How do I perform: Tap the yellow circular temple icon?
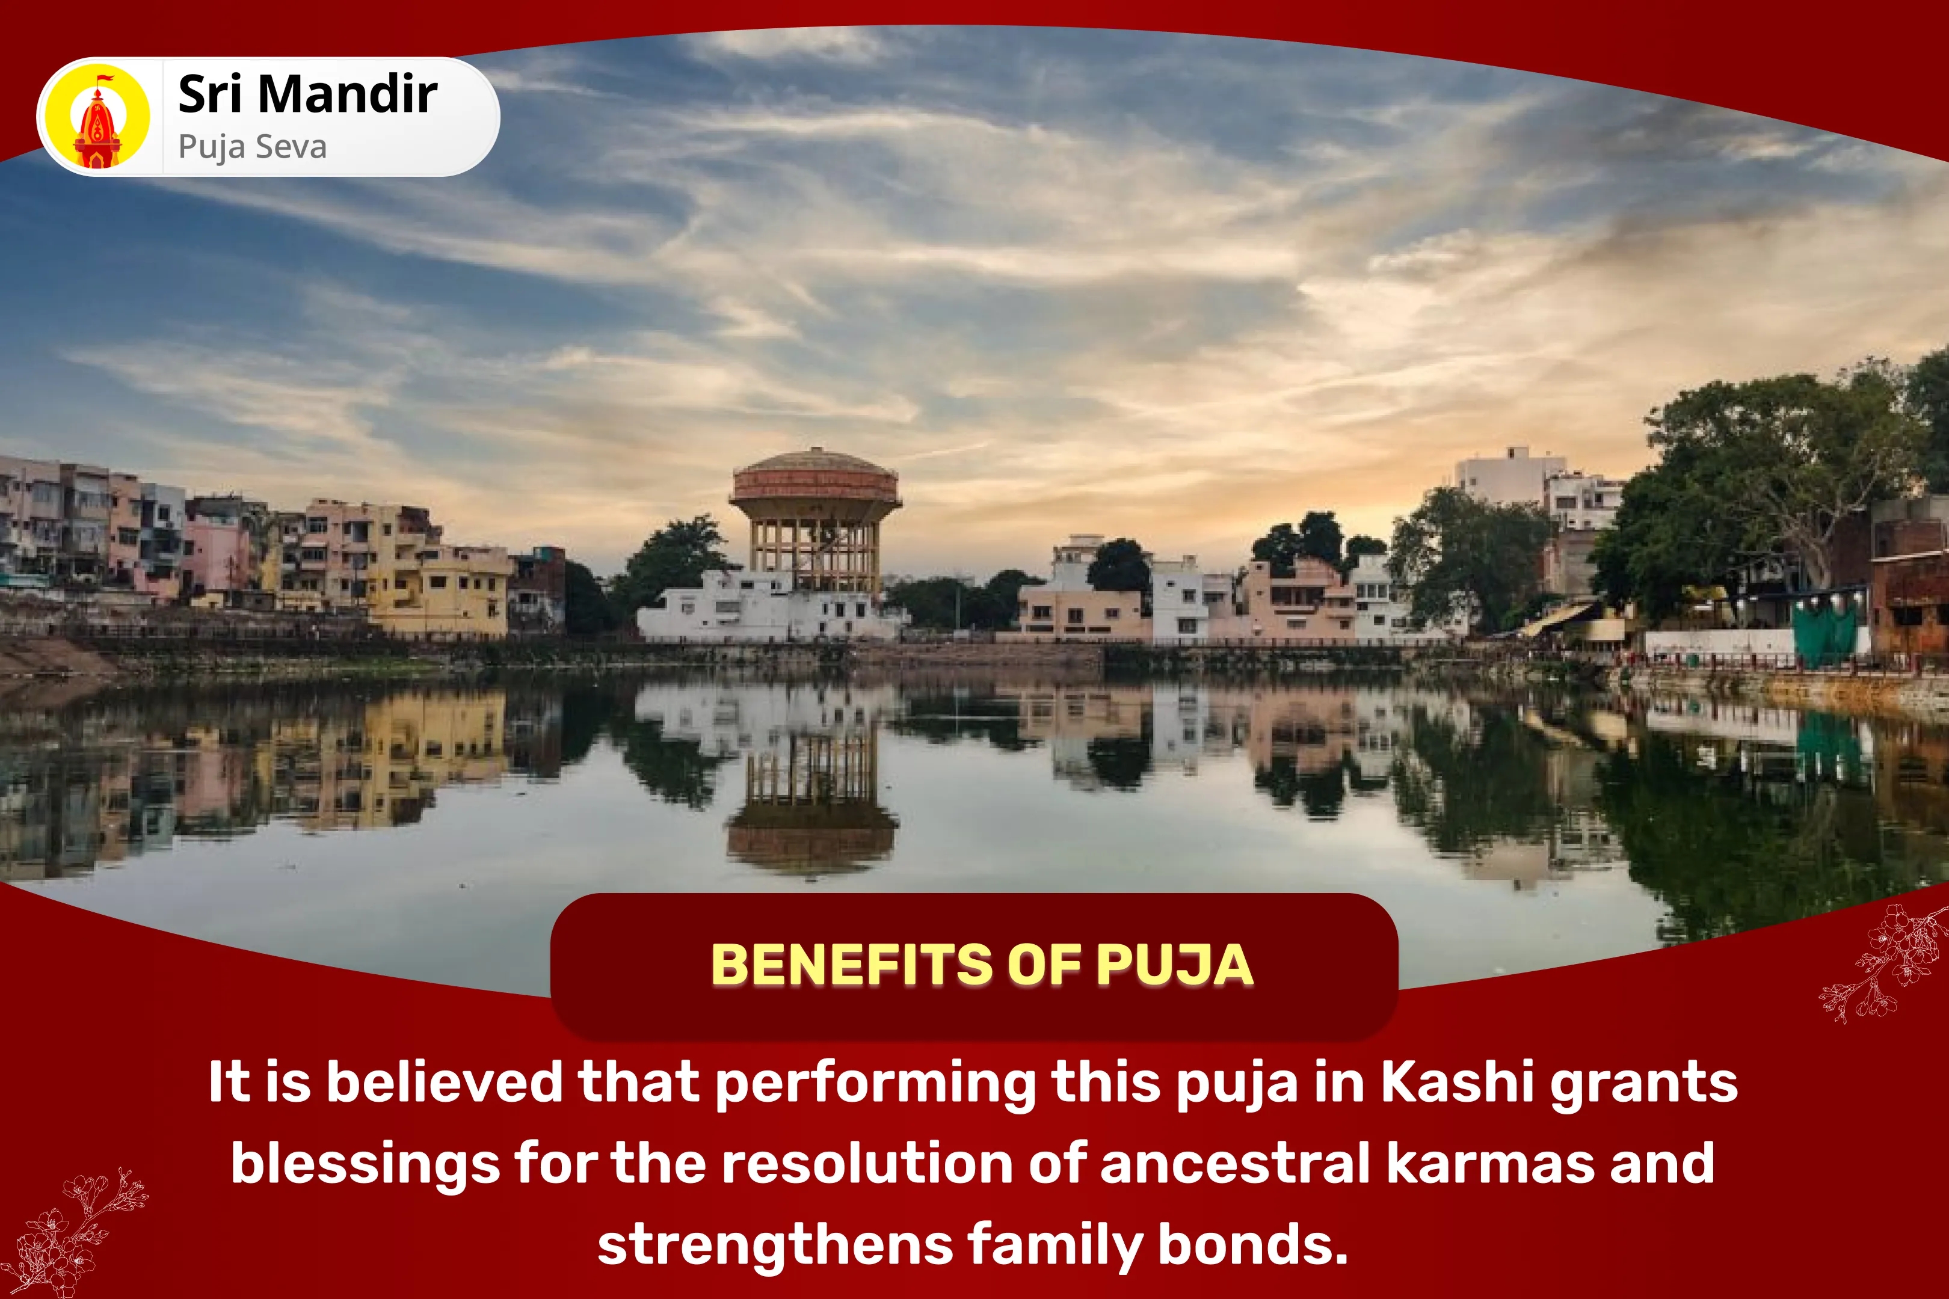[x=97, y=117]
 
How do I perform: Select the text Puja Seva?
[x=253, y=147]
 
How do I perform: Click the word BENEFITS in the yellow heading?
[x=851, y=965]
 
